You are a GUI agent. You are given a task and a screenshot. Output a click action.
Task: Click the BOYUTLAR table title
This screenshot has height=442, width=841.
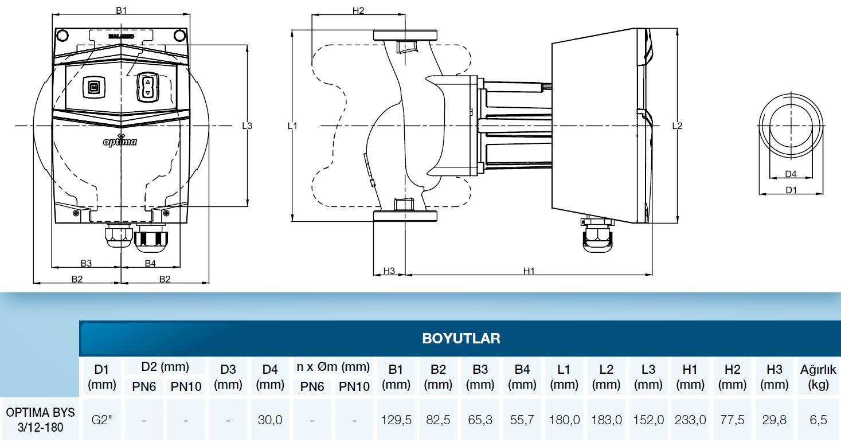click(x=461, y=338)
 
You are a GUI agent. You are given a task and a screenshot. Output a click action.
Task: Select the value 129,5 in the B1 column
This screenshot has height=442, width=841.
click(x=396, y=420)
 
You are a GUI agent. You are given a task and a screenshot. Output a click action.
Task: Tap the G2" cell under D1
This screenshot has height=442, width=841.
click(x=101, y=420)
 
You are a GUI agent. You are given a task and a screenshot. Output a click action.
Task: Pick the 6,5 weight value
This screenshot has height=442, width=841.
click(x=818, y=420)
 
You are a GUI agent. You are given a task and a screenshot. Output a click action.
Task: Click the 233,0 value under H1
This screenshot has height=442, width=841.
click(x=690, y=420)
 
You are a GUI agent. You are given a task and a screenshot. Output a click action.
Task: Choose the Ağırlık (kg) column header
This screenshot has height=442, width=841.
click(x=818, y=377)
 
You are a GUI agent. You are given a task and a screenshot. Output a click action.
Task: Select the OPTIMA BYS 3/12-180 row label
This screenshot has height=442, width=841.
click(x=40, y=420)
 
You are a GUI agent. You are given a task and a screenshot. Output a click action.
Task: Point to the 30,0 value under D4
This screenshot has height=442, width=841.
click(x=270, y=420)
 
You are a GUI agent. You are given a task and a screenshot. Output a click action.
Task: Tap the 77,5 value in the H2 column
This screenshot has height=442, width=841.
click(x=733, y=420)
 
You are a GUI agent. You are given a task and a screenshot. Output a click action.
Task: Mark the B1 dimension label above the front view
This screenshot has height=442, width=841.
click(x=121, y=10)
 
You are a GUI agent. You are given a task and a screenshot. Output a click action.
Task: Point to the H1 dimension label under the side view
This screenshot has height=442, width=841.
click(x=529, y=271)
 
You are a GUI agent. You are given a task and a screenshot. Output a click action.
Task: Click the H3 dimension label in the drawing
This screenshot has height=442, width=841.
click(x=389, y=271)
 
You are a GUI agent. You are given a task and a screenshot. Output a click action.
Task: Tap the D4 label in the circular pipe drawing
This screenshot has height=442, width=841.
click(x=791, y=174)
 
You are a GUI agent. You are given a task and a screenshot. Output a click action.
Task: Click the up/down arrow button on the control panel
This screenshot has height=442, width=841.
click(x=148, y=88)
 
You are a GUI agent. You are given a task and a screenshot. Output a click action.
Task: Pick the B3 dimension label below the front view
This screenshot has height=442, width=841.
click(x=86, y=263)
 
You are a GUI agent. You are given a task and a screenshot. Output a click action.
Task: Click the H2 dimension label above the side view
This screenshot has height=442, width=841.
click(x=358, y=10)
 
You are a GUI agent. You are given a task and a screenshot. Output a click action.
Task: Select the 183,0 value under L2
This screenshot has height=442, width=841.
click(x=607, y=420)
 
